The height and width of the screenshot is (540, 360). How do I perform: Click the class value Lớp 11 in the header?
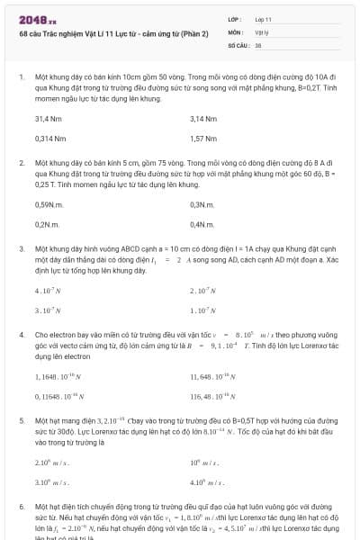tap(263, 19)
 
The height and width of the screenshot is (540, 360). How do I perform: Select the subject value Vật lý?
tap(261, 31)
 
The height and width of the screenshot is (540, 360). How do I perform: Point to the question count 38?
tap(258, 44)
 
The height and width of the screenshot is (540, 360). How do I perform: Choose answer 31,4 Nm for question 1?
tap(48, 119)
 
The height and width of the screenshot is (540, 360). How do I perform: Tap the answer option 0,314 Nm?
tap(50, 139)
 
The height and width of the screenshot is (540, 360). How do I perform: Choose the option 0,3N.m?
tap(202, 204)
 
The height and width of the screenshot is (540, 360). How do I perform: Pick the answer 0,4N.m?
tap(202, 224)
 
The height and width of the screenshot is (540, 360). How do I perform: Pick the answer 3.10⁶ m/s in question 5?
tap(52, 481)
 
